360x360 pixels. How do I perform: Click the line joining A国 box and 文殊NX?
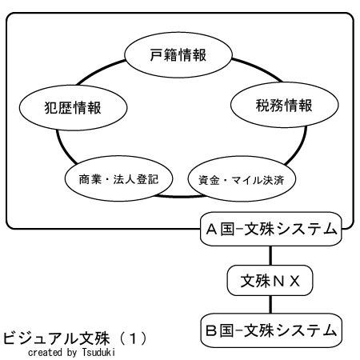click(270, 255)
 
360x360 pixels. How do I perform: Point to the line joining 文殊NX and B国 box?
click(270, 305)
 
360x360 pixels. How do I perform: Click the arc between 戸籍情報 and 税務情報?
click(258, 69)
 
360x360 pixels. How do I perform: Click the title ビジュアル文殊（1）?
click(75, 338)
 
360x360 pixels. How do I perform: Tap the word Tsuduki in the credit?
click(98, 352)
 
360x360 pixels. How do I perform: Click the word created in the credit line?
click(46, 352)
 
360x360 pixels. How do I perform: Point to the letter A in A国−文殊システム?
click(211, 230)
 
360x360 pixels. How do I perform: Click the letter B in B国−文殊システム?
click(211, 330)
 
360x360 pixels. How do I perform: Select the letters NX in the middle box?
click(286, 281)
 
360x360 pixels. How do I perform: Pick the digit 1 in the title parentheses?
click(133, 338)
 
